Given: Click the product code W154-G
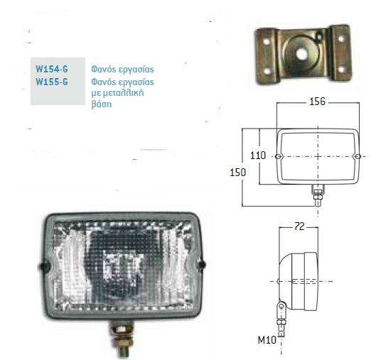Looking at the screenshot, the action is (52, 69).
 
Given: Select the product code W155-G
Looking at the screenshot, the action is (52, 82).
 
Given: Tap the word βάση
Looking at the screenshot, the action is (102, 104).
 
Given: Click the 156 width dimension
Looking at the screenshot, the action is (317, 102).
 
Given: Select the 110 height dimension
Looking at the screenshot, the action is (258, 156).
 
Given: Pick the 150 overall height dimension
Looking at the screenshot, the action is (237, 173).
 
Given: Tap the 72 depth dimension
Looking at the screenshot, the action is (299, 227).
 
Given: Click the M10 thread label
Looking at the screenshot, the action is (267, 340).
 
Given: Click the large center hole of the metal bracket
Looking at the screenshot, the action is (301, 55).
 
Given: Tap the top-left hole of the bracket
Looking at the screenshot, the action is (267, 41).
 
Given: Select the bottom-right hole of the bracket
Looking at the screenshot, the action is (341, 70).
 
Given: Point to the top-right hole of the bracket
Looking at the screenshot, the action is (340, 39).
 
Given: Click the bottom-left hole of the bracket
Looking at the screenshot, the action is (267, 71).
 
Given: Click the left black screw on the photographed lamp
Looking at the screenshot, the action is (44, 266).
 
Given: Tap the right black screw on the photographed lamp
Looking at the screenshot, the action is (202, 264).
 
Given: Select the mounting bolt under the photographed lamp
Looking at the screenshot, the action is (122, 339).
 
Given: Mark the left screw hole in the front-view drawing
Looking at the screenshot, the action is (279, 157).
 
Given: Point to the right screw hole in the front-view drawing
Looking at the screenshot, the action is (358, 157).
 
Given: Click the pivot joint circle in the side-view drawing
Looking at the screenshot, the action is (281, 306).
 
